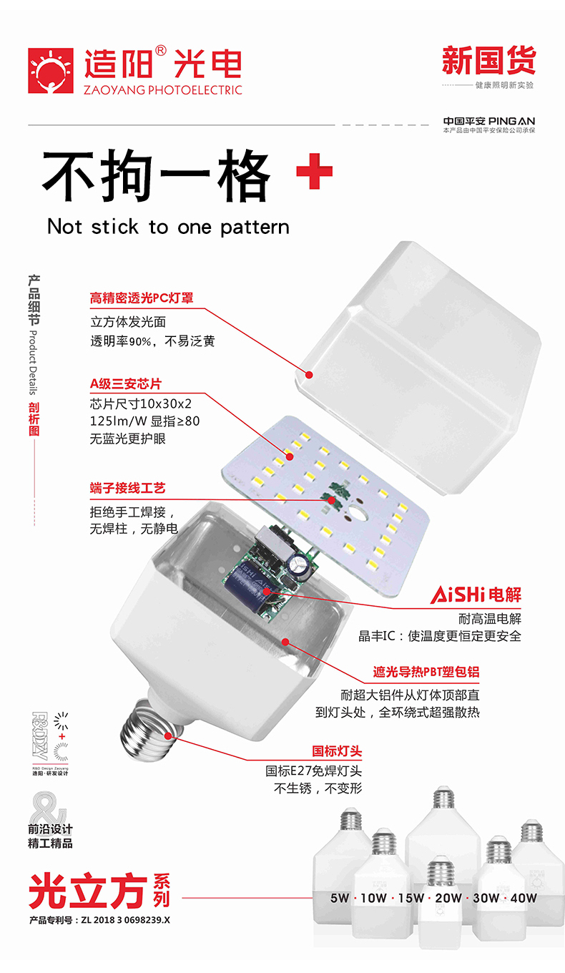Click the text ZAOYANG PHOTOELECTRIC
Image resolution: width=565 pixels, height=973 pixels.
pos(163,90)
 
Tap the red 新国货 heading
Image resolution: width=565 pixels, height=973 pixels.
pos(488,61)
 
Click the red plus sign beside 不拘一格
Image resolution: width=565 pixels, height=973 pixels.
pos(315,172)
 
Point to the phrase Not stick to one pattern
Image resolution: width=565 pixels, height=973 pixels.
pos(168,227)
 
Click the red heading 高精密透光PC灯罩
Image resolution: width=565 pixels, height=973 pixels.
pos(142,298)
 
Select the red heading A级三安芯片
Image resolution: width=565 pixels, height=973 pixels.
pos(126,384)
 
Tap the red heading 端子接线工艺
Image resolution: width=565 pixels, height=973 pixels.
pos(127,488)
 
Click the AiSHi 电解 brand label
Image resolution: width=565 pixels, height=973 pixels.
pos(476,595)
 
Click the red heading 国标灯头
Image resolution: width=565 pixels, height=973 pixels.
pos(337,751)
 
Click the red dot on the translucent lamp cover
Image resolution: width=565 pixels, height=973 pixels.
pos(310,373)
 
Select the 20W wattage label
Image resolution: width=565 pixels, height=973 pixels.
pos(448,898)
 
